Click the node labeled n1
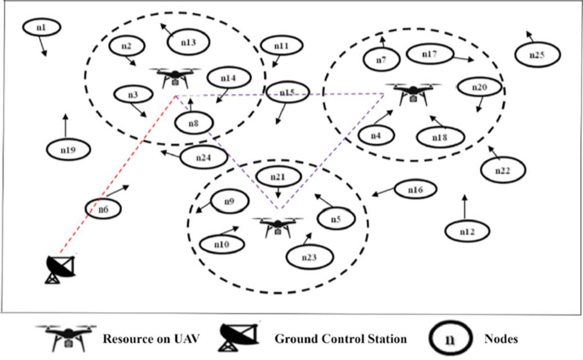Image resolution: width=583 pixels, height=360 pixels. tap(41, 28)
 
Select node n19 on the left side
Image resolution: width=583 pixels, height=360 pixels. tap(69, 150)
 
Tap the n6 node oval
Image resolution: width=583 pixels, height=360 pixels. tap(102, 208)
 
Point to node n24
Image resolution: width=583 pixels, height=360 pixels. tap(203, 157)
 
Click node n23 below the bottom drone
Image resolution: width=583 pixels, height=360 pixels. tap(309, 256)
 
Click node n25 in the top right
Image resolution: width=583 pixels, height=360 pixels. tap(536, 55)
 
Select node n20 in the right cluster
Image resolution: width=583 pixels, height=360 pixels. tap(478, 88)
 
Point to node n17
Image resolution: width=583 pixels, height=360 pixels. tap(430, 54)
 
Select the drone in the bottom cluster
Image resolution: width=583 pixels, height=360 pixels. tap(277, 226)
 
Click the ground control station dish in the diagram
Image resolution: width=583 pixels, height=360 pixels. tap(60, 268)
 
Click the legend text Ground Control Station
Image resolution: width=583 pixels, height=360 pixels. tap(340, 339)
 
